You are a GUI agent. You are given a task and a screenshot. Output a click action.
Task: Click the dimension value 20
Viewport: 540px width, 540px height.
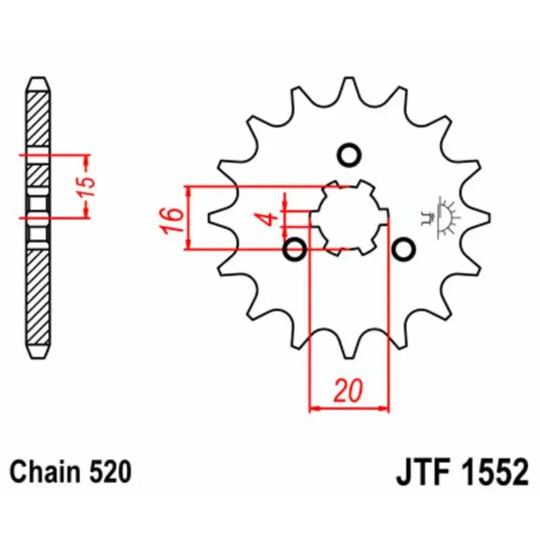pyautogui.click(x=348, y=391)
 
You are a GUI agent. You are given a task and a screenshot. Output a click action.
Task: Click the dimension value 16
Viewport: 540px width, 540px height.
pyautogui.click(x=172, y=221)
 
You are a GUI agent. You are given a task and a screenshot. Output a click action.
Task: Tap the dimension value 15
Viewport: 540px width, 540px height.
pyautogui.click(x=86, y=187)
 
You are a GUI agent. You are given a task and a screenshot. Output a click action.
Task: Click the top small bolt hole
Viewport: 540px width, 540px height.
pyautogui.click(x=349, y=155)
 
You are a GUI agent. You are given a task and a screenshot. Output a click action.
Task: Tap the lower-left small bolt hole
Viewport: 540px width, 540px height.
pyautogui.click(x=294, y=249)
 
